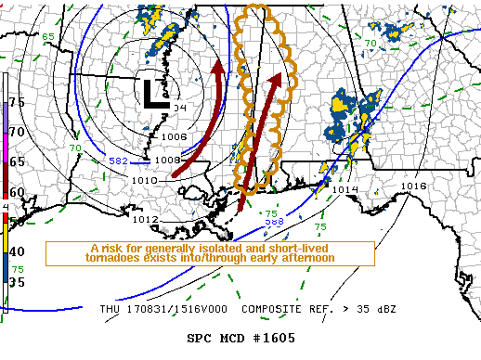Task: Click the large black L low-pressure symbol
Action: [x=153, y=93]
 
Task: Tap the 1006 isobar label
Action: [x=173, y=136]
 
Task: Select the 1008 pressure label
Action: [x=167, y=160]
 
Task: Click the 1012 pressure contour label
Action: [x=144, y=219]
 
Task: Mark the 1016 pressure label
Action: [x=413, y=186]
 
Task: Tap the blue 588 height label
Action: [x=274, y=221]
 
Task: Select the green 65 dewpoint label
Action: [x=47, y=35]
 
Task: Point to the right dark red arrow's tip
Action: [x=276, y=81]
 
